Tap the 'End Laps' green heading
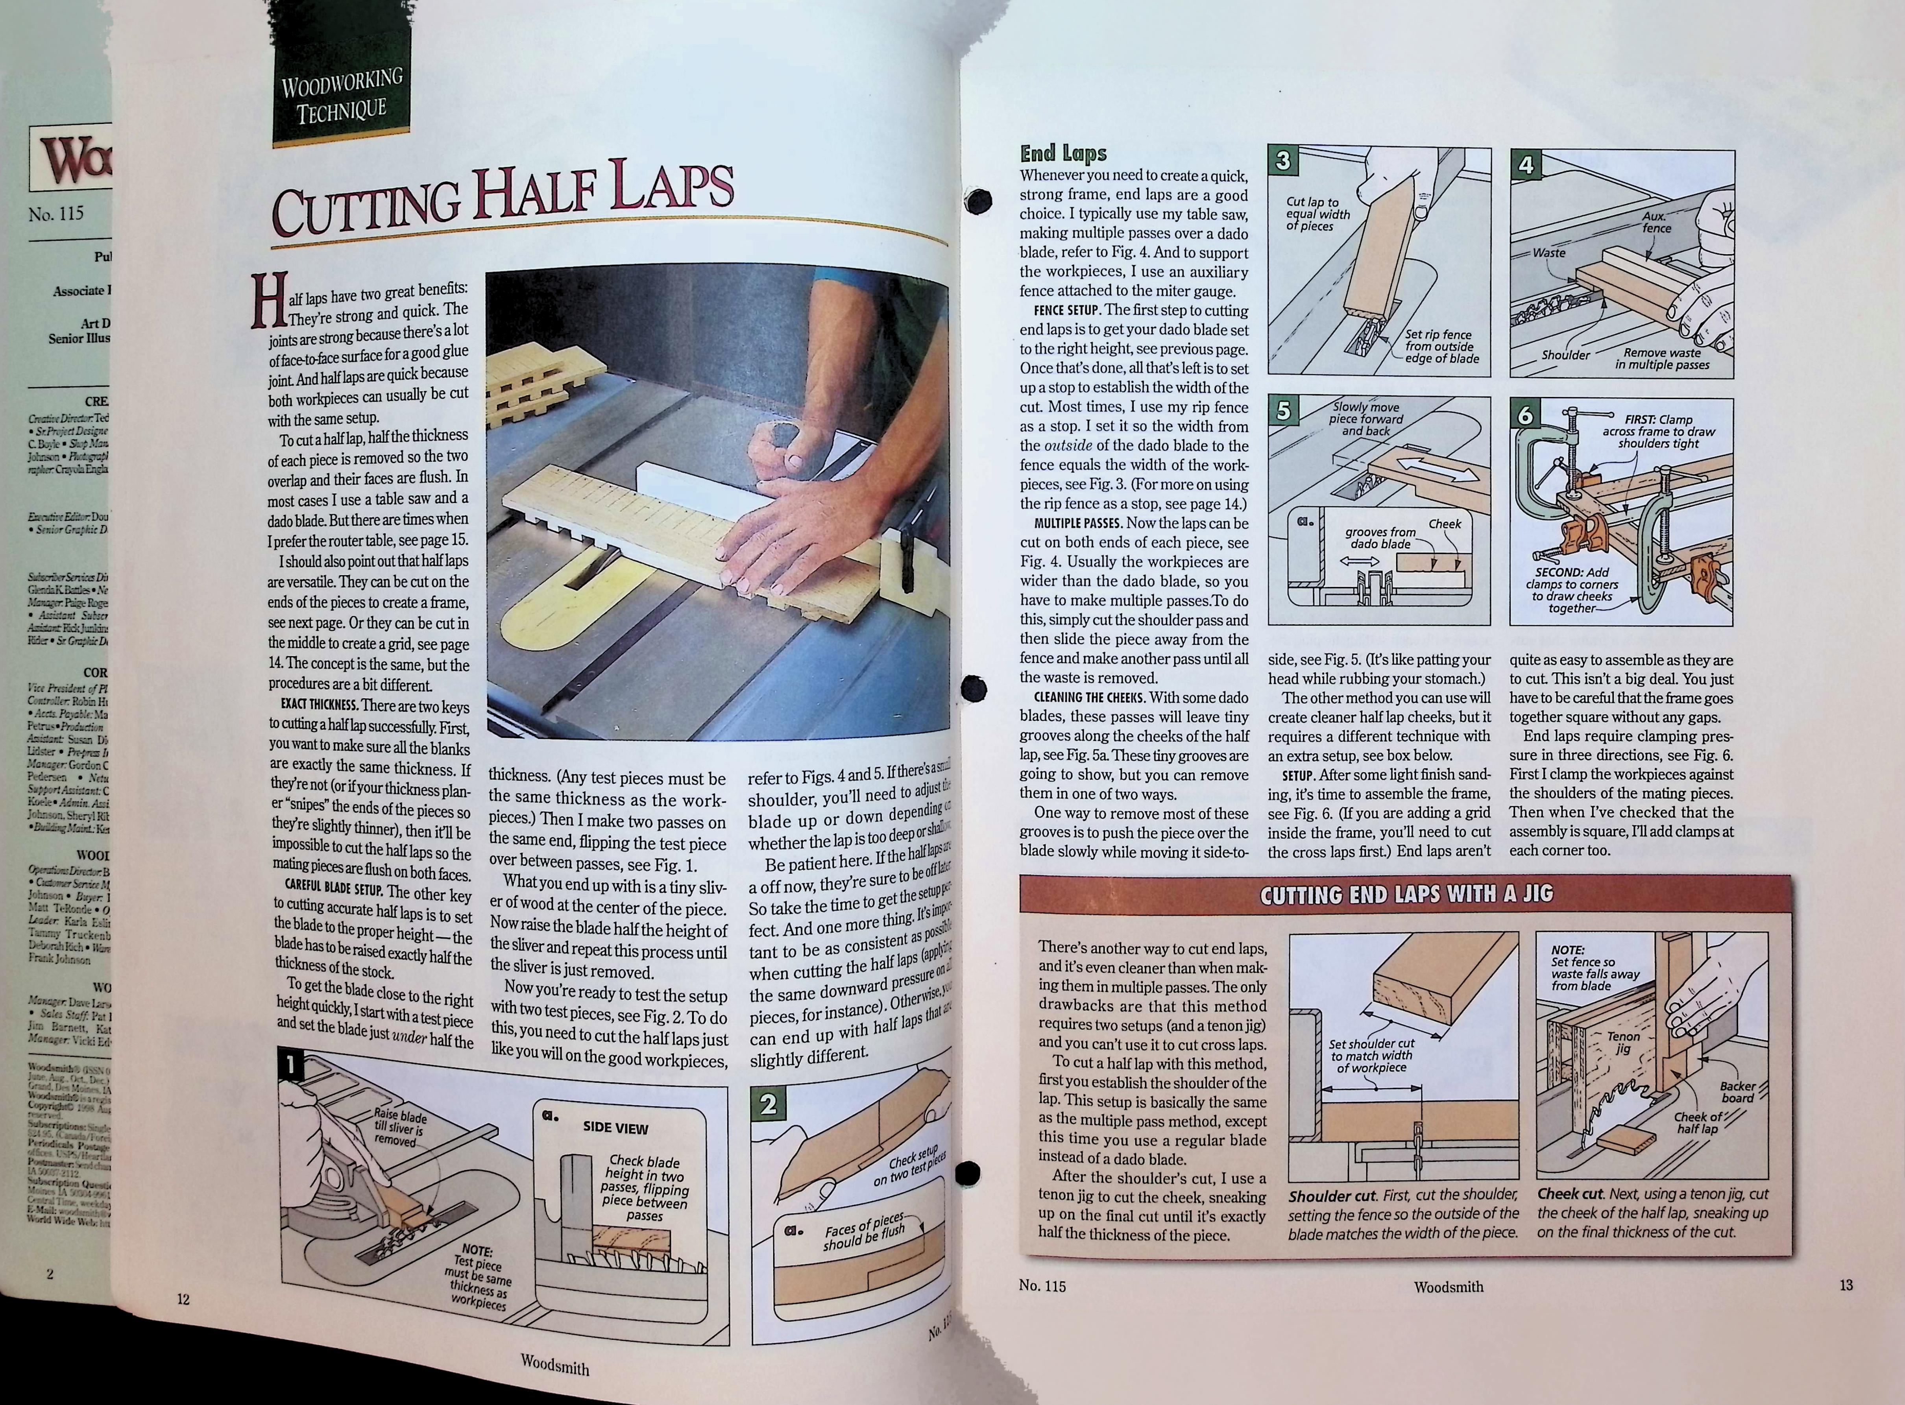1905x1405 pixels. [1063, 153]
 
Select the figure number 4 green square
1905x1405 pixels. [1526, 165]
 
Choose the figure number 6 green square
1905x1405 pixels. [1526, 415]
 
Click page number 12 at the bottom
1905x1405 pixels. [183, 1299]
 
